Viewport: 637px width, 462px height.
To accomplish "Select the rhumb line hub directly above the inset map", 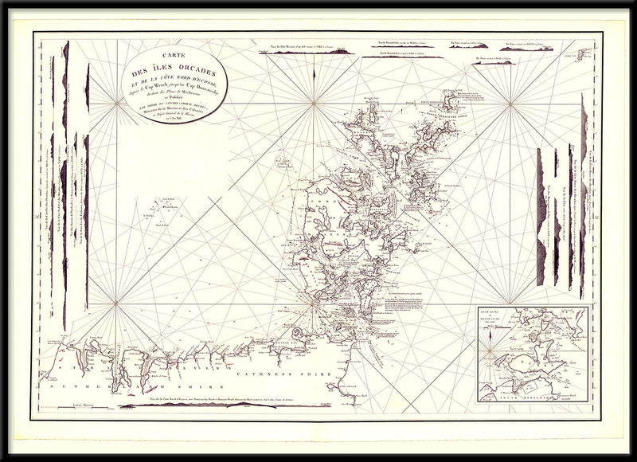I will click(506, 104).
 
